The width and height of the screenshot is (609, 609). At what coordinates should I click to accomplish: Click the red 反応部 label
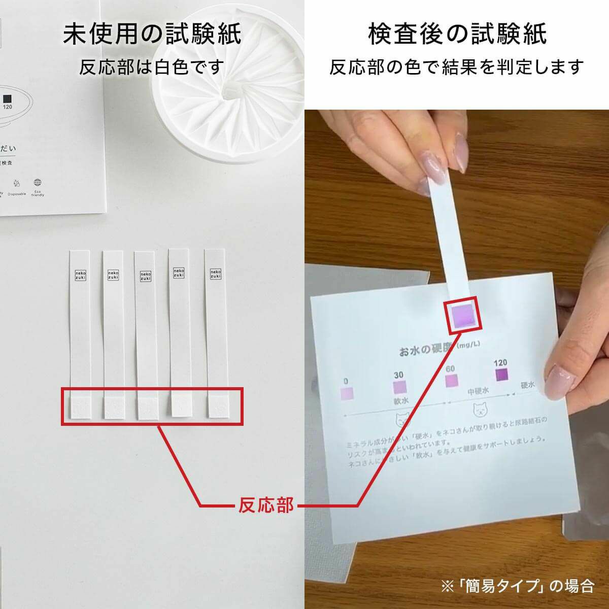[265, 505]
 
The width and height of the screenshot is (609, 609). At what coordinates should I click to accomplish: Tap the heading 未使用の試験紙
[152, 35]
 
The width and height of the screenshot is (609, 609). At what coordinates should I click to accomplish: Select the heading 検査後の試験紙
[457, 35]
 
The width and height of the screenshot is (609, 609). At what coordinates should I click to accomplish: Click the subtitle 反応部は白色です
[152, 66]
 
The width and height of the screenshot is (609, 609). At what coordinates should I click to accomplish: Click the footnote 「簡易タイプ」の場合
[518, 586]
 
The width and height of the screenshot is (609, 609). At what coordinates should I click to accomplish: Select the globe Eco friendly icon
[38, 183]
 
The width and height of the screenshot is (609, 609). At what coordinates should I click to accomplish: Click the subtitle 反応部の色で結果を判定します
[457, 66]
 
